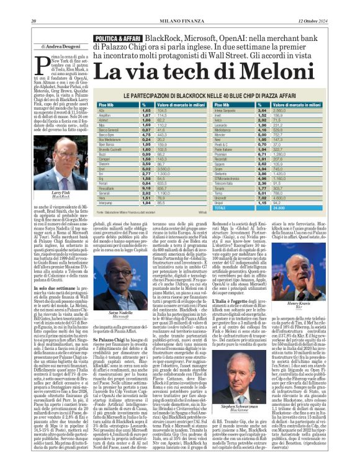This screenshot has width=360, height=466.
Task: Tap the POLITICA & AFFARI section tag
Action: pyautogui.click(x=118, y=39)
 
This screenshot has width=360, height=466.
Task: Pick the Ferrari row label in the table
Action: pyautogui.click(x=112, y=184)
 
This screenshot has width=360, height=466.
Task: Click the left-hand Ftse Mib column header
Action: pyautogui.click(x=114, y=105)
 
